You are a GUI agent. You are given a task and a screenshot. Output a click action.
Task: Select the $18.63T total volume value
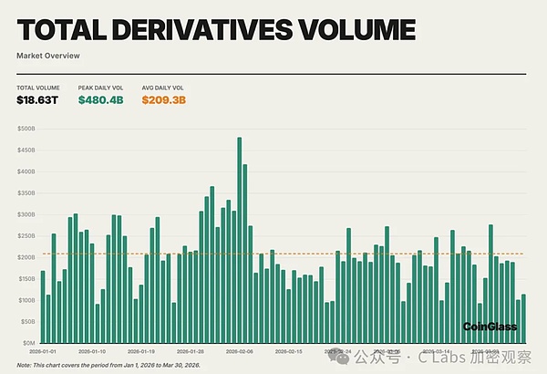click(36, 99)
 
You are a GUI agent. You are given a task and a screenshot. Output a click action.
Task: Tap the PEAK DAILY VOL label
click(100, 87)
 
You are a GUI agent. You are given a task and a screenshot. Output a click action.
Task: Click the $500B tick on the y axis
click(26, 129)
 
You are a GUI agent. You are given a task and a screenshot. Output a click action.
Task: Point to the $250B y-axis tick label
click(26, 235)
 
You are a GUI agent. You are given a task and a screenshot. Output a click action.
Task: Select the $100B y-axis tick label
click(26, 299)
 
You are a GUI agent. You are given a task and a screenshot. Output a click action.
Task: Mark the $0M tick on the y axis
click(27, 342)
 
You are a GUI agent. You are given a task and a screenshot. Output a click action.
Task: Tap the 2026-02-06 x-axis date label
click(239, 350)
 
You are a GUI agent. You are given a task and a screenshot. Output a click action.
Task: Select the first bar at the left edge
click(43, 306)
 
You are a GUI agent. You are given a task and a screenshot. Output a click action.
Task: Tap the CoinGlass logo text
click(490, 326)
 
